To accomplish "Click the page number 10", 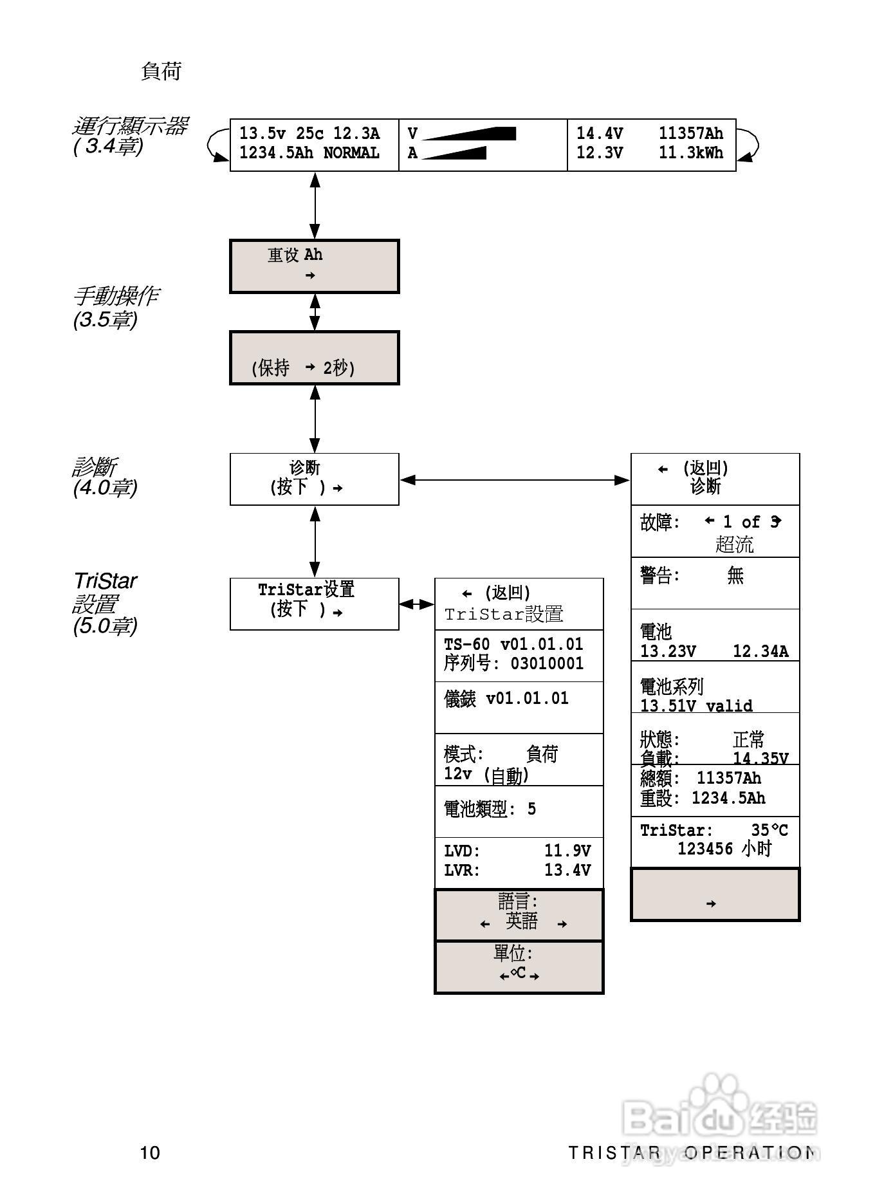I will click(x=150, y=1152).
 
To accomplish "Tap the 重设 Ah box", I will click(x=314, y=266).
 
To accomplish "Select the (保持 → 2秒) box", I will click(x=314, y=358).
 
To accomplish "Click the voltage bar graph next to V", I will click(x=470, y=134).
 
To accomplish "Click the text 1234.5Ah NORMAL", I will click(x=309, y=153).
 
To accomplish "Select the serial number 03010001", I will click(x=547, y=663).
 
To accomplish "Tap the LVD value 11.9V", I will click(x=567, y=851).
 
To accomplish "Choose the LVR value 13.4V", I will click(x=567, y=870).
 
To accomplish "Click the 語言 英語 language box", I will click(x=519, y=914).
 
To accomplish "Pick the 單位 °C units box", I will click(x=519, y=967).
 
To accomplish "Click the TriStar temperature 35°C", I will click(x=769, y=830).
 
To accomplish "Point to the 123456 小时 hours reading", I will click(x=724, y=849).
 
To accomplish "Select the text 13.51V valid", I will click(x=696, y=706).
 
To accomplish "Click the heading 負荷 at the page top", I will click(x=161, y=71).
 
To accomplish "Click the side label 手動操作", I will click(x=115, y=296).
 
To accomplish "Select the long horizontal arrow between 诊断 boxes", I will click(x=515, y=480).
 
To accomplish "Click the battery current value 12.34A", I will click(x=760, y=651).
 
